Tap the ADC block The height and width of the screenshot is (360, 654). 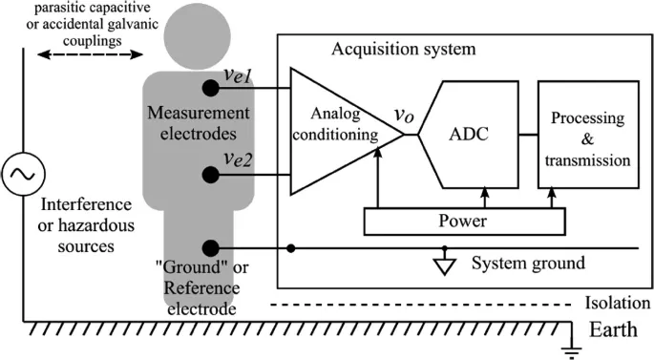[x=469, y=137]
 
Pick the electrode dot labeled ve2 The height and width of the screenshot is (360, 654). [x=209, y=174]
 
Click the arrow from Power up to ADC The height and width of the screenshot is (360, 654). [x=485, y=198]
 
